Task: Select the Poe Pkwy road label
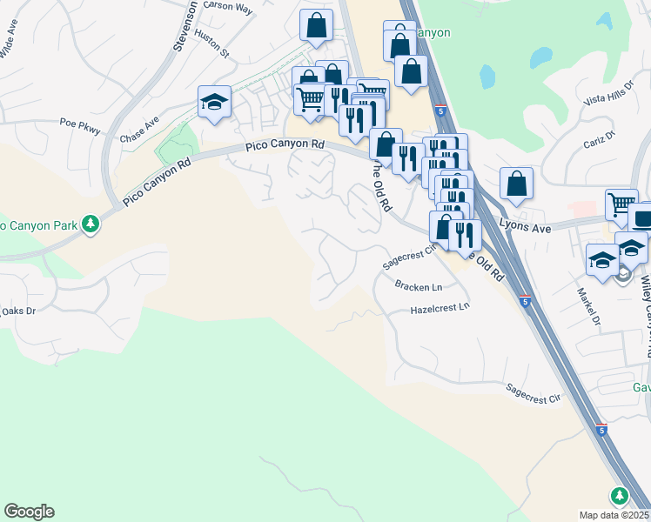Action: pyautogui.click(x=80, y=127)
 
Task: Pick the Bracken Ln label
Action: pyautogui.click(x=418, y=286)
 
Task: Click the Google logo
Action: pyautogui.click(x=29, y=512)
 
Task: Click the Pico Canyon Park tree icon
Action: pyautogui.click(x=91, y=225)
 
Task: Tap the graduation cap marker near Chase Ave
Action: pyautogui.click(x=213, y=102)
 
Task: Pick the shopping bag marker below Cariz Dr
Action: pyautogui.click(x=516, y=184)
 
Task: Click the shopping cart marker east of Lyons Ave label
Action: pyautogui.click(x=621, y=206)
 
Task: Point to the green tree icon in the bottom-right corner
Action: pyautogui.click(x=619, y=496)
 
